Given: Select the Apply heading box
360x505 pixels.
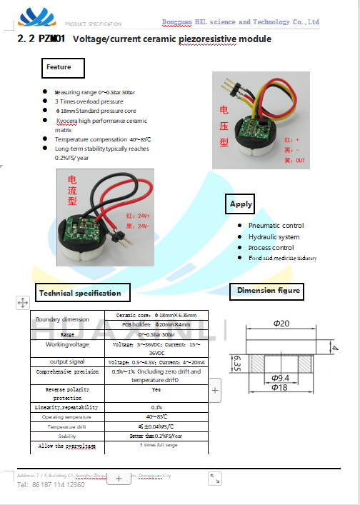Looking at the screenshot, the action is coord(241,204).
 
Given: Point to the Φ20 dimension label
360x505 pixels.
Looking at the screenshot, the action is coord(281,324).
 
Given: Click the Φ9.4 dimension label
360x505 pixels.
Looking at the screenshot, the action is coord(280,377).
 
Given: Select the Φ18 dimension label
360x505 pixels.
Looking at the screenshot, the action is coord(280,387).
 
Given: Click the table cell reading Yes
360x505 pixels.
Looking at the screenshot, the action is coord(156,390).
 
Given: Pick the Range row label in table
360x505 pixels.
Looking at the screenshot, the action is coord(68,334).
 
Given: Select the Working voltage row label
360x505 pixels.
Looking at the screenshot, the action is coord(68,344).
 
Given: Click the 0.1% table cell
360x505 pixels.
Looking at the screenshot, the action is coord(156,407).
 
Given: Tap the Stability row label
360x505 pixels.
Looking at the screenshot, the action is coord(68,435).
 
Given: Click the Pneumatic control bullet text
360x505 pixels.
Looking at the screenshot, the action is coord(276,226).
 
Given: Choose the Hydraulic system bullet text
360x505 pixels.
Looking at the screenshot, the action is coord(274,236).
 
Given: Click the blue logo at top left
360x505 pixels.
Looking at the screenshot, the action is coord(37,17).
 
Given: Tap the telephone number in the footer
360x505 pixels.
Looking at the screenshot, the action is coord(50,485).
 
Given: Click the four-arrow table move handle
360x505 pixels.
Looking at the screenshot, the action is coord(21,303).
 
